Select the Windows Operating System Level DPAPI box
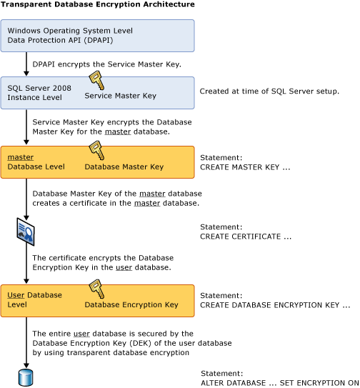coord(97,36)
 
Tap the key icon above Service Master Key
coord(95,80)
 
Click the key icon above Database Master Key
coord(95,149)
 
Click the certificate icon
coord(26,230)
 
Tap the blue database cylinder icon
coord(26,376)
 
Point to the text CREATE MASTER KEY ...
coord(241,166)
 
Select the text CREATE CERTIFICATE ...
coord(246,236)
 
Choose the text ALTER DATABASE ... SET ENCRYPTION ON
coord(279,382)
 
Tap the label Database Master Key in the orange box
coord(124,166)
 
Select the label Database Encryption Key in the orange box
coord(131,305)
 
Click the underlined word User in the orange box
coord(16,295)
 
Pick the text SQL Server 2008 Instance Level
coord(36,91)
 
